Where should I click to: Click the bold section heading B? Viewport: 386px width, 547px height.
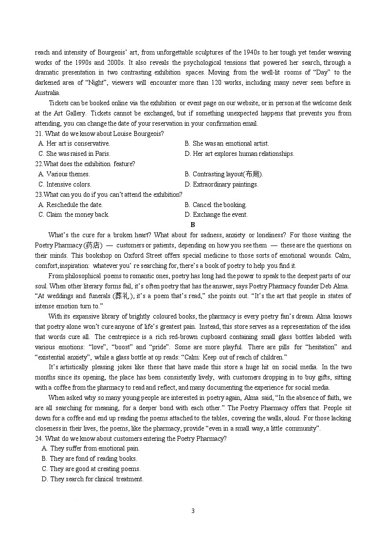pyautogui.click(x=193, y=225)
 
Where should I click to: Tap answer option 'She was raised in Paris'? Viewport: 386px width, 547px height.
pyautogui.click(x=74, y=153)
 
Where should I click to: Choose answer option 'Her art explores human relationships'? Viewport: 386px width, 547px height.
pyautogui.click(x=239, y=153)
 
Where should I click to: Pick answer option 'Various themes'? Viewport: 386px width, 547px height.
pyautogui.click(x=64, y=174)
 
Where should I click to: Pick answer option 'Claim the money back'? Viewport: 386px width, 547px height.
pyautogui.click(x=74, y=214)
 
